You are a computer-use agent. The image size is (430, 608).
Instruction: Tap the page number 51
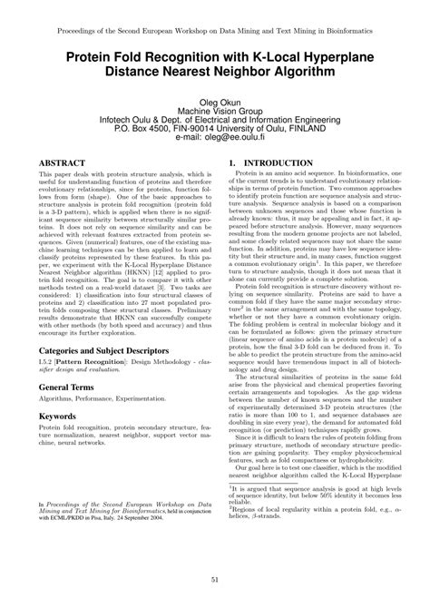point(215,581)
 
